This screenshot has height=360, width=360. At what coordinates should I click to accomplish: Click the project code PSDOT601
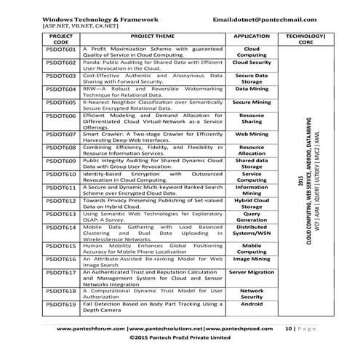(x=61, y=49)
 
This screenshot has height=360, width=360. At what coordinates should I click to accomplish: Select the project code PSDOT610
(x=61, y=175)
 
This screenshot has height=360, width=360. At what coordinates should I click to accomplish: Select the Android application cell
(x=251, y=305)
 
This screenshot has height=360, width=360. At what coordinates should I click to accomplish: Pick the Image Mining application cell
(x=251, y=259)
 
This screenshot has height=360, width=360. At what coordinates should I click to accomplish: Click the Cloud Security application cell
(x=251, y=63)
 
